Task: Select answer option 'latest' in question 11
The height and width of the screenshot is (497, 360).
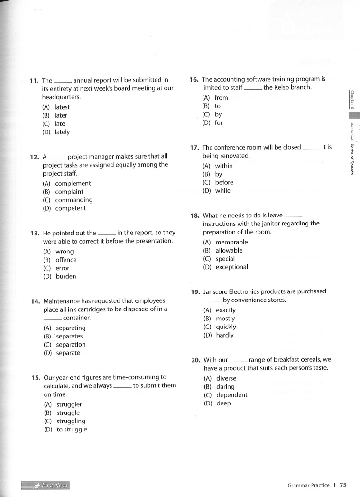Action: point(62,107)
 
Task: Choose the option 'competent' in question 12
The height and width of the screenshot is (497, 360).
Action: point(71,208)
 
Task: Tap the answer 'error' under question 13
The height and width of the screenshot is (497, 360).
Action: point(63,268)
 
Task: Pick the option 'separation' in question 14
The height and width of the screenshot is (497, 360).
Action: point(71,345)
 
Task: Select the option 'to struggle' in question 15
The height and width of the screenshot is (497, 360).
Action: point(72,430)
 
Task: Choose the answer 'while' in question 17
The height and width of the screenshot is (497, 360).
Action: point(222,191)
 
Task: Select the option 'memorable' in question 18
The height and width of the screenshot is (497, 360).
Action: point(231,242)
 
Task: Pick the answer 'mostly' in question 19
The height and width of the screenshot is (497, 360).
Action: point(225,319)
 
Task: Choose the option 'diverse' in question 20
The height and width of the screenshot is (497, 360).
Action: point(226,379)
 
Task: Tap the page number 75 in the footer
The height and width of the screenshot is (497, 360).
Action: point(343,485)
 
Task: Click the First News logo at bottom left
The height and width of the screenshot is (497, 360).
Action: point(46,485)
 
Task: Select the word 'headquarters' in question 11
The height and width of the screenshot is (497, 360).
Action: point(61,97)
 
